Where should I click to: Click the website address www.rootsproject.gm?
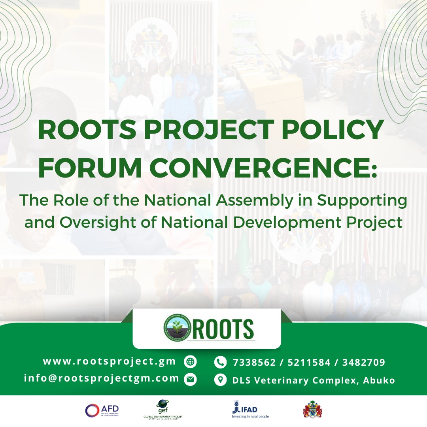111,361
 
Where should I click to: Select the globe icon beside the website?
191,361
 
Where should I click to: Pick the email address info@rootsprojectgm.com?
102,378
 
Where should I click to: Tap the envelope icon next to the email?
191,380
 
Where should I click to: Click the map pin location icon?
220,380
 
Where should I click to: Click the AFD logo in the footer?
102,410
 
